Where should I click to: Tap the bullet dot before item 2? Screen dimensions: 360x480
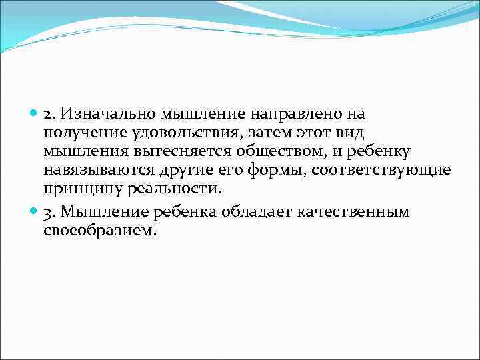click(x=35, y=114)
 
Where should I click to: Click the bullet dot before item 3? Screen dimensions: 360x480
click(x=35, y=211)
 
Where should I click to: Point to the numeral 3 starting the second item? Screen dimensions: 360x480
click(x=48, y=212)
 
